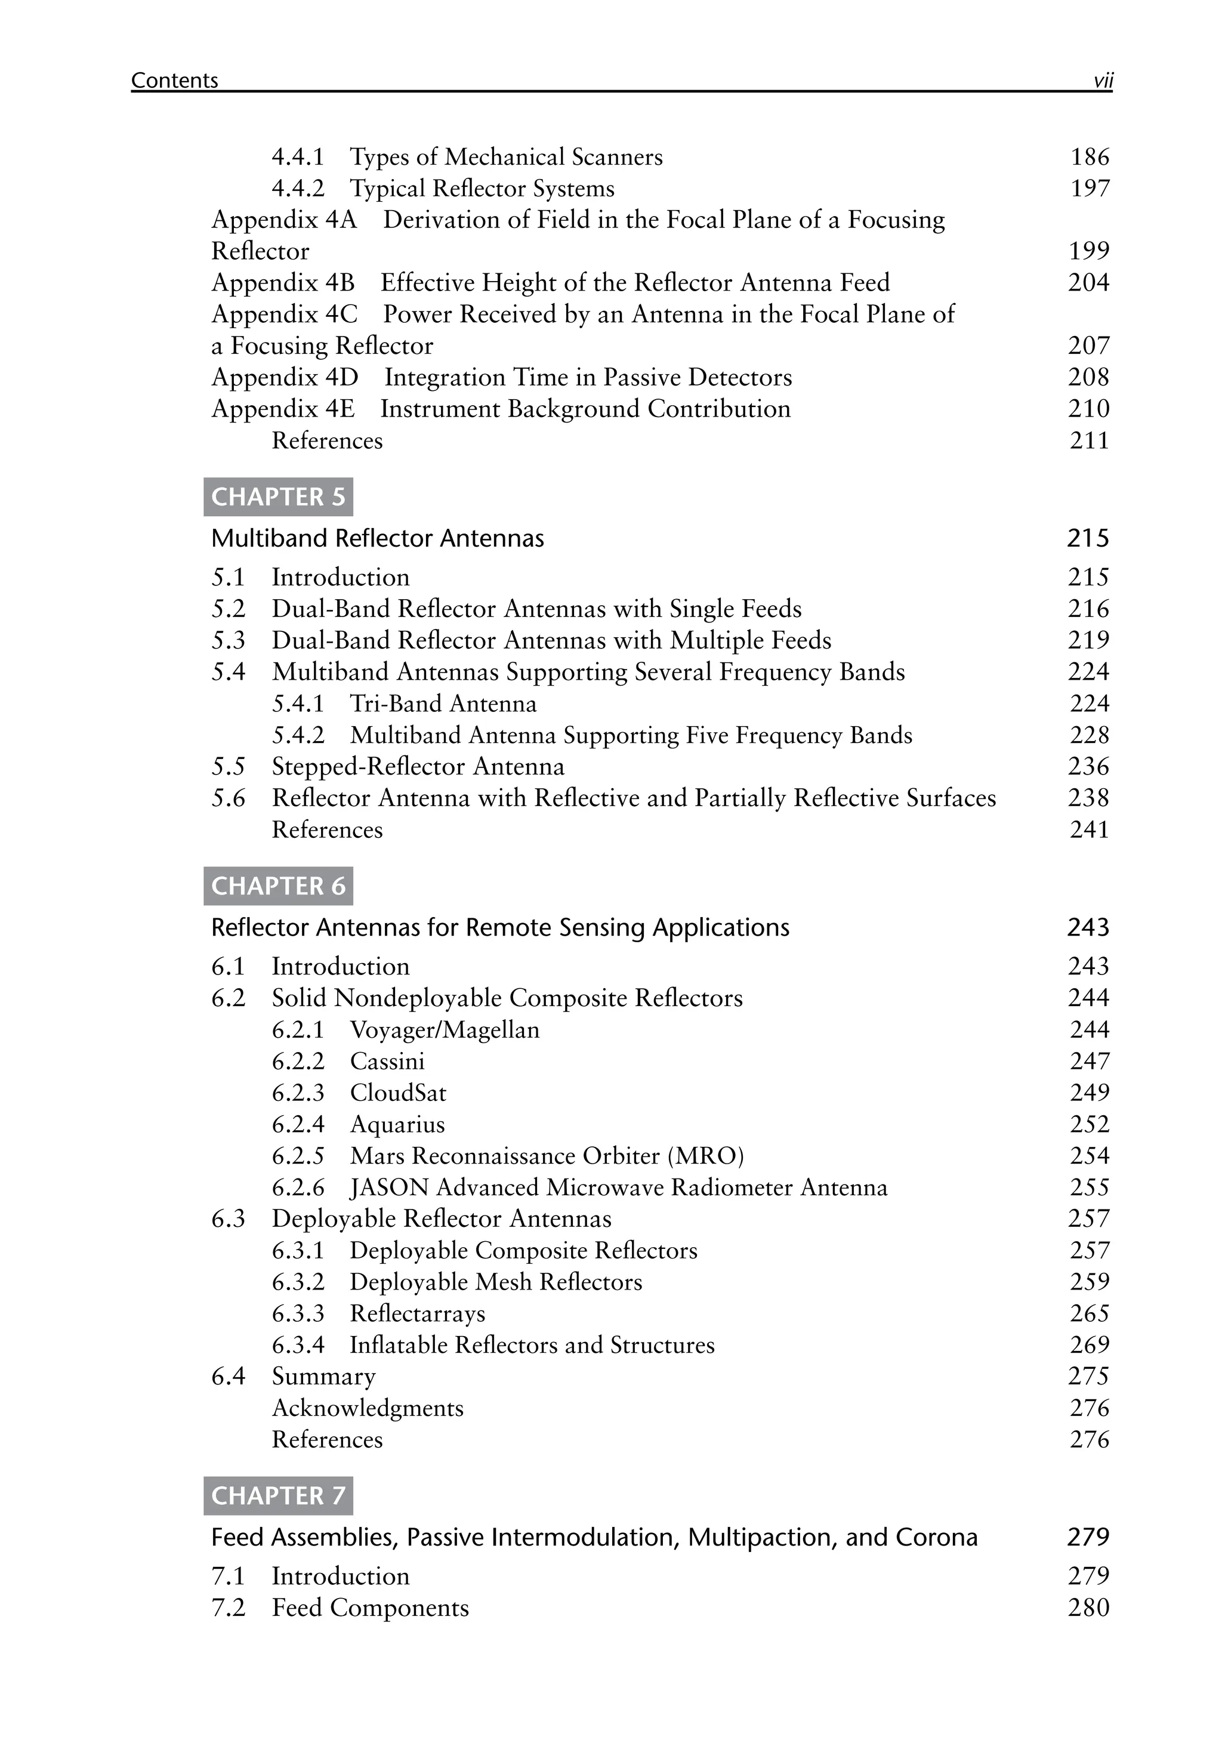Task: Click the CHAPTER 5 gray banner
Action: click(x=277, y=496)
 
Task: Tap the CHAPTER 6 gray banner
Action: click(x=277, y=886)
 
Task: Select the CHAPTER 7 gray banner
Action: click(x=277, y=1496)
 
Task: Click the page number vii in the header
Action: click(x=1103, y=81)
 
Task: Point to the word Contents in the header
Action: click(x=174, y=81)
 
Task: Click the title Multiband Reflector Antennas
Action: click(x=377, y=538)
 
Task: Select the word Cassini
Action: click(x=387, y=1061)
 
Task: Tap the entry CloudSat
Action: click(x=398, y=1093)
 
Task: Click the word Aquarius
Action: click(x=397, y=1125)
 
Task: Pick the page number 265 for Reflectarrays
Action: click(x=1089, y=1313)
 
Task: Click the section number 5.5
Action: click(x=228, y=767)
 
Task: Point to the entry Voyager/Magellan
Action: click(x=444, y=1030)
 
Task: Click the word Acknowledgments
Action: click(x=368, y=1408)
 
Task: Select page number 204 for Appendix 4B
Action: click(x=1088, y=283)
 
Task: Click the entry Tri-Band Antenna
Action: click(x=443, y=704)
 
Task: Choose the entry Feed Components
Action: click(x=371, y=1608)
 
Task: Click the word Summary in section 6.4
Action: click(x=324, y=1377)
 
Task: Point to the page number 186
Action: click(x=1090, y=158)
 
